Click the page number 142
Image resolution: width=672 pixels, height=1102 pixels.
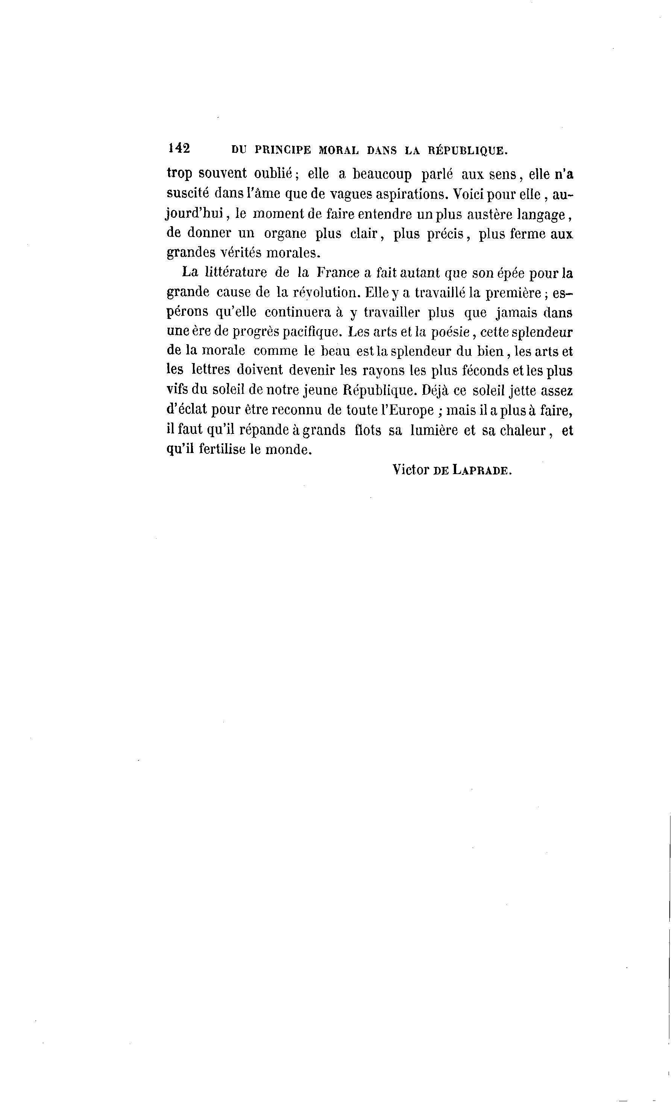179,149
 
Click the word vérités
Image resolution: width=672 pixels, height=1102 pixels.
241,253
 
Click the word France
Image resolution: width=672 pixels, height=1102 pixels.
338,272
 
